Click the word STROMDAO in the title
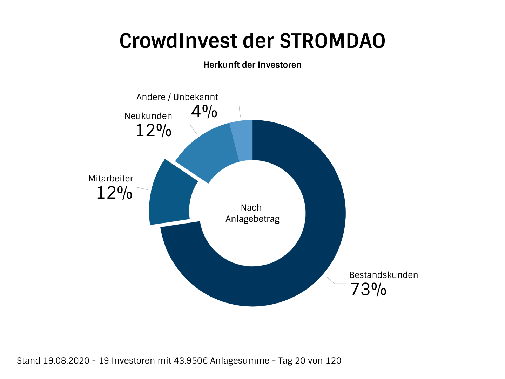(332, 41)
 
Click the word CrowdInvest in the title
(178, 41)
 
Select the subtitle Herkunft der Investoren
(252, 65)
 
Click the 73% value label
(368, 290)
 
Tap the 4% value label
(204, 112)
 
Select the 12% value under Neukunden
(153, 131)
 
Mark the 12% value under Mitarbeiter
(114, 193)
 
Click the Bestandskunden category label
(384, 275)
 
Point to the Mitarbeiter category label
(111, 179)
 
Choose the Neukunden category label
(148, 116)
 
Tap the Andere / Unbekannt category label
(177, 97)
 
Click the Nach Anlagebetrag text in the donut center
(252, 213)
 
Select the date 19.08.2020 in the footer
(66, 361)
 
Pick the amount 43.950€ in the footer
(191, 361)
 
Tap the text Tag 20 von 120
(310, 361)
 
